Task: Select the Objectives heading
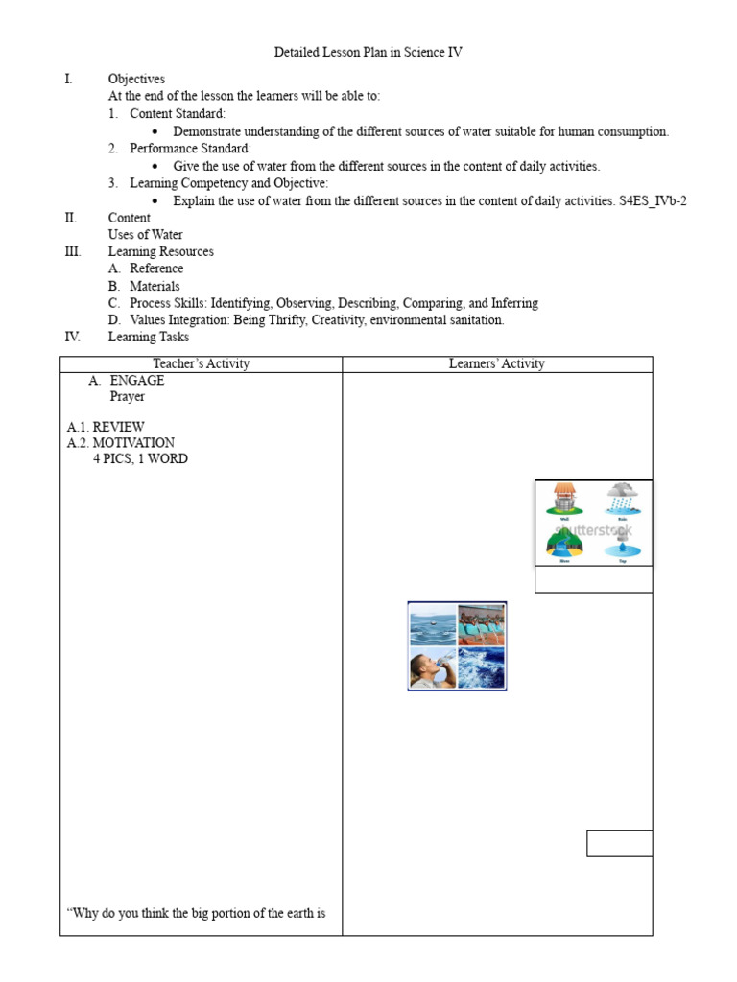click(x=136, y=79)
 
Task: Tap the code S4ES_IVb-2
click(x=654, y=200)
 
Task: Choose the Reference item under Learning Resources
click(x=156, y=269)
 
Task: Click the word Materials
click(x=155, y=286)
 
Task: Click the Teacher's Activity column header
click(x=201, y=363)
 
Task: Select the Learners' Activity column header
click(x=496, y=363)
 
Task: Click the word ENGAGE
click(x=136, y=380)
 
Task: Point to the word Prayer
click(x=127, y=396)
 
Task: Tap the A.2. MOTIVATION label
click(x=121, y=442)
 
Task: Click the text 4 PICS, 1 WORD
click(x=140, y=458)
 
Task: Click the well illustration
click(x=563, y=501)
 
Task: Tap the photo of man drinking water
click(x=432, y=667)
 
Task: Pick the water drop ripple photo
click(x=432, y=624)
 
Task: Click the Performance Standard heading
click(x=190, y=148)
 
